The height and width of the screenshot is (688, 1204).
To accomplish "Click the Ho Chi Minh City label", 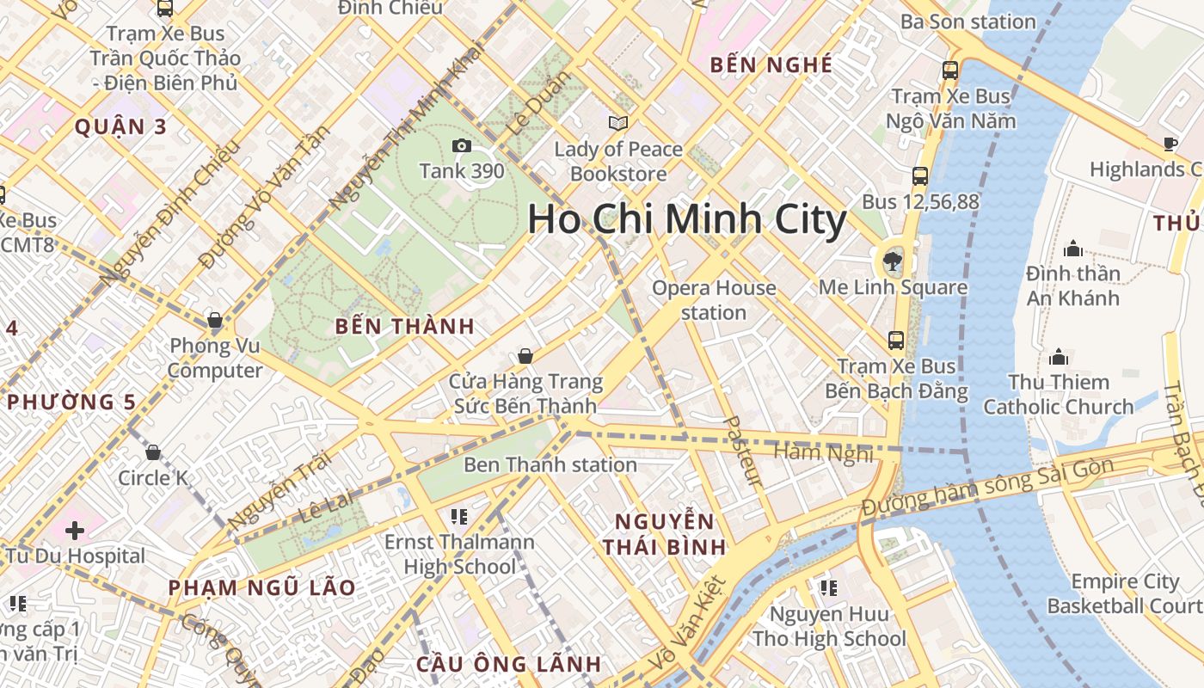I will pos(686,220).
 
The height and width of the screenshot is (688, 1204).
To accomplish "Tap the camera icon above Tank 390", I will pos(462,145).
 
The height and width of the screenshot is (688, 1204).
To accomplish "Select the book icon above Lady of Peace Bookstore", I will pos(617,124).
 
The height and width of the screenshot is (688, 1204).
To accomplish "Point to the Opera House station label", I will pos(714,300).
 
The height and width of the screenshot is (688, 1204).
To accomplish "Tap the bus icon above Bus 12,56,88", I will pos(920,176).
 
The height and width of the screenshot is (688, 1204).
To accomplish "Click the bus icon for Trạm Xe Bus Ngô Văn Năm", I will pos(950,71).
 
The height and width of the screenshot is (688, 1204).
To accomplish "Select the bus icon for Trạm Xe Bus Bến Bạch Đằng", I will pos(896,341).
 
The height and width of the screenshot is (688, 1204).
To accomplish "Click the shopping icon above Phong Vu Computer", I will pos(215,320).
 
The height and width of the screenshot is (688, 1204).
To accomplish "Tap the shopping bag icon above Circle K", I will pos(153,451).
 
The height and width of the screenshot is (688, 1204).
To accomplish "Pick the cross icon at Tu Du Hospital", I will pos(75,530).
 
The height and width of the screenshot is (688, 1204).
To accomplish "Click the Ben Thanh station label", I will pos(550,465).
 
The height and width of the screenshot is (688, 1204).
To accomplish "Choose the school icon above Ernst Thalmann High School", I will pos(459,516).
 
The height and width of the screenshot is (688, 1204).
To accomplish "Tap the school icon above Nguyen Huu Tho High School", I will pos(829,588).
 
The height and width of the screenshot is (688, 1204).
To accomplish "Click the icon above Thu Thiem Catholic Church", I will pos(1059,356).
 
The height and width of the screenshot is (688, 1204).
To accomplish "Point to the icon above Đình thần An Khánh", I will pos(1073,249).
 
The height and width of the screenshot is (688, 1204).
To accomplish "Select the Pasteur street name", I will pos(745,451).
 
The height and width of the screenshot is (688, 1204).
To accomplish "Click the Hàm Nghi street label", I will pos(823,452).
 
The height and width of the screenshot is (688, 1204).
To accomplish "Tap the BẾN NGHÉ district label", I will pos(771,64).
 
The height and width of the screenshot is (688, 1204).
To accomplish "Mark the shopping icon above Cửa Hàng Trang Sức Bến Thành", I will pos(525,355).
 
